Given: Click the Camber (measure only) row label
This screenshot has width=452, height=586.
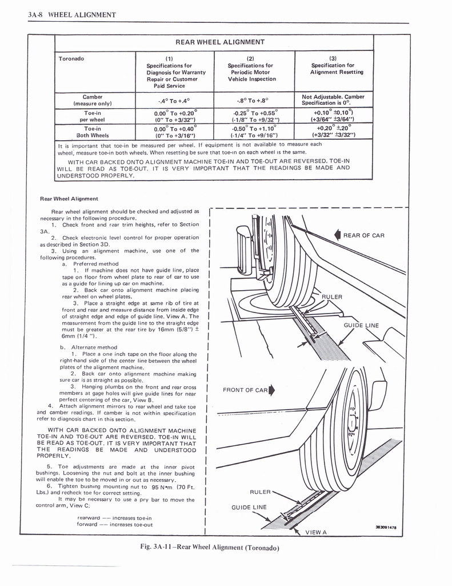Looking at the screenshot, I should [x=92, y=100].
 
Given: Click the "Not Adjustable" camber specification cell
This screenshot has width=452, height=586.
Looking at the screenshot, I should [x=333, y=100].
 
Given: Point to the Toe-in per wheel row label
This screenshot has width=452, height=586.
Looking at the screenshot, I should [x=92, y=116].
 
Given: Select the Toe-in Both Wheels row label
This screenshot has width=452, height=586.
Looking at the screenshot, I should [x=92, y=132].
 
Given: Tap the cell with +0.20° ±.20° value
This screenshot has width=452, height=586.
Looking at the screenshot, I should [x=334, y=132].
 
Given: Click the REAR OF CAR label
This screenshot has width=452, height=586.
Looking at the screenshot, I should [x=363, y=235].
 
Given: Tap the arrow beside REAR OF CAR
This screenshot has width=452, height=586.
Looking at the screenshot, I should [x=338, y=235].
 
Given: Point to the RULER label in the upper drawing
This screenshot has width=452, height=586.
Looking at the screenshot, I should [x=331, y=297].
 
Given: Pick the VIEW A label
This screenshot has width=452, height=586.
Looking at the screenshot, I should [x=316, y=532].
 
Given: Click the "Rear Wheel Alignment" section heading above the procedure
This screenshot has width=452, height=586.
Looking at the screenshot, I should [x=69, y=199].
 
